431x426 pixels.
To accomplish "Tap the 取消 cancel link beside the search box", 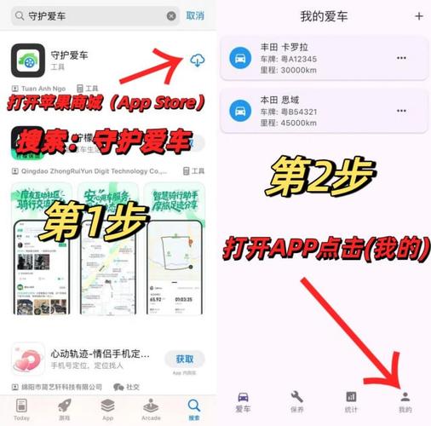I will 195,15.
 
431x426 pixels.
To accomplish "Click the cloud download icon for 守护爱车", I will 197,60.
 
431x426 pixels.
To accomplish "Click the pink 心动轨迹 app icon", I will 28,359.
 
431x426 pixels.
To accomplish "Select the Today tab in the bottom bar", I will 21,409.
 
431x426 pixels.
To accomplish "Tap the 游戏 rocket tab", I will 65,409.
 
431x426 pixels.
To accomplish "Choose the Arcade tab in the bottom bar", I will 150,409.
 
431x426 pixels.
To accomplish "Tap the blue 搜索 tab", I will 194,409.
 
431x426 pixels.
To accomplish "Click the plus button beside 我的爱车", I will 418,16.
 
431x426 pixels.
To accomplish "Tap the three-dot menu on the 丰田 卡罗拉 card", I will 401,58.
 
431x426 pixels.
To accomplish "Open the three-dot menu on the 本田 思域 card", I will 401,111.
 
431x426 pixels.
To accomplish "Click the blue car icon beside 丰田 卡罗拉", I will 240,59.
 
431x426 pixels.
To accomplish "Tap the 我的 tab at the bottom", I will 405,401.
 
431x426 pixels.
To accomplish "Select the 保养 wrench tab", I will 296,401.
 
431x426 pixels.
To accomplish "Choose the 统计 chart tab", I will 350,401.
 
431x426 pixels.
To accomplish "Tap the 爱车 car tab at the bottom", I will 243,401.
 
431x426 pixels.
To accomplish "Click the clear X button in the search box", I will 171,15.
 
